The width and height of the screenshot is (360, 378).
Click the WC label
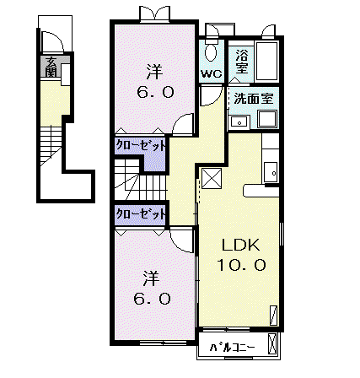pos(212,74)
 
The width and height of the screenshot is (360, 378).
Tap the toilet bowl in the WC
pos(211,52)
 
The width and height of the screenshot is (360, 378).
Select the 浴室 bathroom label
pos(242,62)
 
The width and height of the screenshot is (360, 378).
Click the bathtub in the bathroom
pos(266,61)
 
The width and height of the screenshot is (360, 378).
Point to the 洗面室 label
pos(254,99)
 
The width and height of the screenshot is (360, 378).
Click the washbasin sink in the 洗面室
pos(239,122)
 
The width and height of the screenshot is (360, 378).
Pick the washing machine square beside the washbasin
pos(268,119)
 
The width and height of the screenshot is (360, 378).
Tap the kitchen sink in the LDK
pos(271,172)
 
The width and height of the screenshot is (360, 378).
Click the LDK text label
pos(241,245)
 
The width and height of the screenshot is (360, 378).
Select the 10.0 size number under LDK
pos(241,265)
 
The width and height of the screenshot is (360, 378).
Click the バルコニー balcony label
pos(232,348)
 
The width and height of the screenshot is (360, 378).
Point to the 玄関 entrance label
pos(51,67)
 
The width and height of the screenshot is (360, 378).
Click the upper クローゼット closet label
pos(140,146)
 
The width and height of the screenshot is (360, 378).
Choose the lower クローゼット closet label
pos(140,214)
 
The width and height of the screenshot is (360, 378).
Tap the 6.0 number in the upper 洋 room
pos(155,92)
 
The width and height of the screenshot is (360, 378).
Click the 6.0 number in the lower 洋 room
pos(152,299)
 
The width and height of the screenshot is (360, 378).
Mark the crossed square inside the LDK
pos(212,178)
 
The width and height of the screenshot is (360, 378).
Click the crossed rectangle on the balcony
pos(272,343)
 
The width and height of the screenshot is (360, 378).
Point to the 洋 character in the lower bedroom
pos(152,278)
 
